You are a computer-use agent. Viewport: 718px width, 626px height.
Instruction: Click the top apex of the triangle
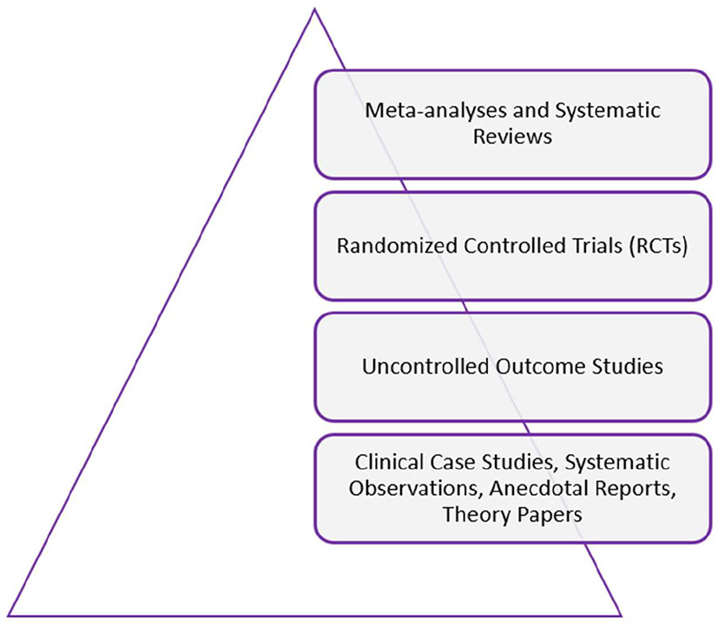(312, 10)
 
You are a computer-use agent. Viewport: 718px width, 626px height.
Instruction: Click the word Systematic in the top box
(592, 111)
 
